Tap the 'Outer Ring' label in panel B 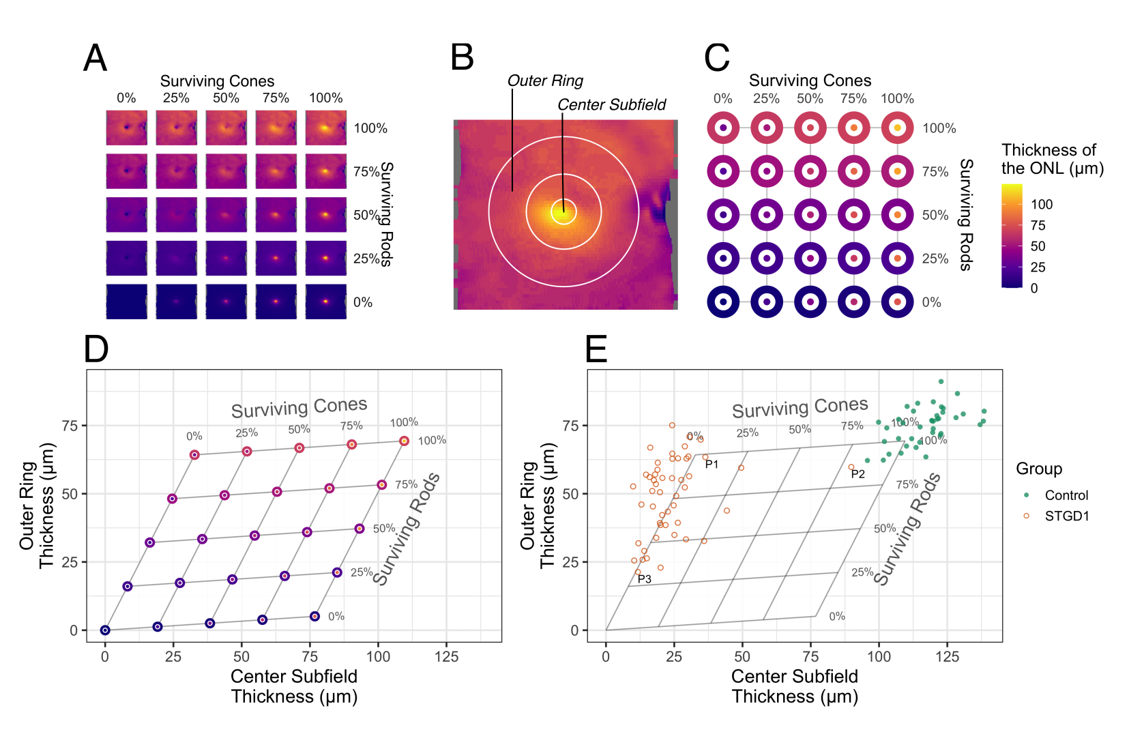[x=545, y=80]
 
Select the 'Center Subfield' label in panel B [x=611, y=104]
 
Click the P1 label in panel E [x=712, y=465]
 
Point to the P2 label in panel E [x=857, y=474]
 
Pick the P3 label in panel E [x=644, y=579]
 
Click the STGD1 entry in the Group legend [x=1066, y=516]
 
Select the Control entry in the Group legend [x=1066, y=495]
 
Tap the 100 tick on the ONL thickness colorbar [x=1041, y=204]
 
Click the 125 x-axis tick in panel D [x=447, y=656]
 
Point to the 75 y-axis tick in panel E [x=570, y=426]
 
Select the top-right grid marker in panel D [x=404, y=441]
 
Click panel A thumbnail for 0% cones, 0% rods [x=126, y=302]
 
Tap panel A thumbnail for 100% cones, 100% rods [x=325, y=128]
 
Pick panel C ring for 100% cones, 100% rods [x=897, y=128]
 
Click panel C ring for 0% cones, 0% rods [x=723, y=302]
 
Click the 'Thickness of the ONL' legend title [x=1051, y=159]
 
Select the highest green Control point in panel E [x=941, y=382]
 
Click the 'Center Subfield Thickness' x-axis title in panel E [x=794, y=686]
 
